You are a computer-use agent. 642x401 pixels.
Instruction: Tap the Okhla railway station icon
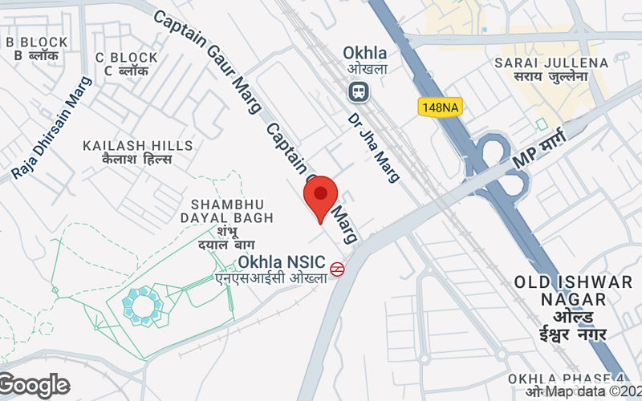point(358,91)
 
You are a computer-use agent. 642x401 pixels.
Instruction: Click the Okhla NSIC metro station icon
point(338,269)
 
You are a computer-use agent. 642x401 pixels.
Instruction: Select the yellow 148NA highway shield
point(440,106)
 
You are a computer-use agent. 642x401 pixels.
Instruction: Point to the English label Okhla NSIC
point(282,262)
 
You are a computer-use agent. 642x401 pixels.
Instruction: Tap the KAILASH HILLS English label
point(138,145)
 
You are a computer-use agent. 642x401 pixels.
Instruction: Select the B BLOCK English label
point(36,42)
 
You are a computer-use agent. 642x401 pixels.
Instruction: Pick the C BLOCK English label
point(127,58)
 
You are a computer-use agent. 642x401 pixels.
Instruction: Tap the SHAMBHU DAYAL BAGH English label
point(233,211)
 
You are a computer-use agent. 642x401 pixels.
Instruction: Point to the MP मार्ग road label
point(539,149)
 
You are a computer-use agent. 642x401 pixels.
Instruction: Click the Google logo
point(35,386)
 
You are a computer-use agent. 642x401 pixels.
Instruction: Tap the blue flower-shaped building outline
point(143,305)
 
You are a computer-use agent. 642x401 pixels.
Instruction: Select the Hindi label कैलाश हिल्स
point(138,159)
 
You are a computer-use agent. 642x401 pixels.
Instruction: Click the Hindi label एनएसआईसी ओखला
point(271,278)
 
